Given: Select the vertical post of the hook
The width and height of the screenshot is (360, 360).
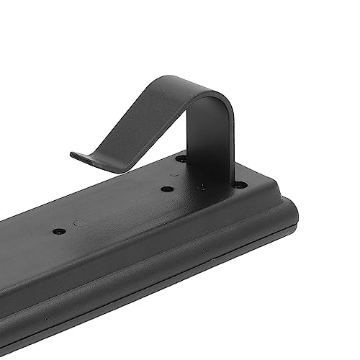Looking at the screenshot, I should coord(217,144).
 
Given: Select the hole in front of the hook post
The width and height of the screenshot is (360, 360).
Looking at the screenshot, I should coord(167,189).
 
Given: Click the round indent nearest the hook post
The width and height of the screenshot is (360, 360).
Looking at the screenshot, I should coord(175,175).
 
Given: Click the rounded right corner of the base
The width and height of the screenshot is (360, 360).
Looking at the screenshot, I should coord(288,209).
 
